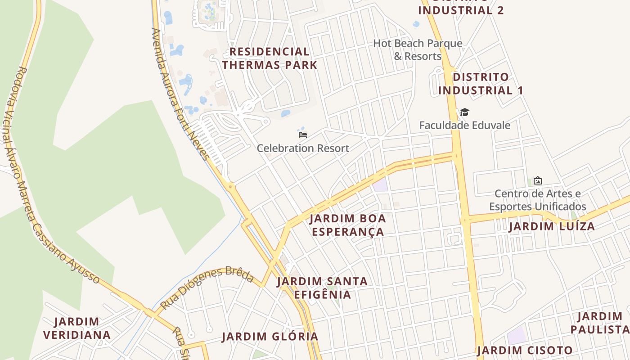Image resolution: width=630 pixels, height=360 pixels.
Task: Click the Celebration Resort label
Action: (x=303, y=148)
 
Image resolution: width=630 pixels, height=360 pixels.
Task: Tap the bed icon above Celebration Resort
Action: (x=303, y=135)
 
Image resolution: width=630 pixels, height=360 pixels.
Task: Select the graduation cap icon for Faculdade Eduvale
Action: (x=464, y=112)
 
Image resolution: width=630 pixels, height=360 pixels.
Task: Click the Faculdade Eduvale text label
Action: (x=464, y=125)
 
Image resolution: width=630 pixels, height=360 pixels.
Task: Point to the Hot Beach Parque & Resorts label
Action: (x=418, y=50)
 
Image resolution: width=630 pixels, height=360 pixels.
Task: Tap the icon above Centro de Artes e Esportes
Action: (x=537, y=180)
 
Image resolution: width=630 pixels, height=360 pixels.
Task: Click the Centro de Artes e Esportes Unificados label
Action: (x=537, y=200)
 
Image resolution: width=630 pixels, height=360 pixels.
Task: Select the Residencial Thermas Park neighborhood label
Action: (x=270, y=58)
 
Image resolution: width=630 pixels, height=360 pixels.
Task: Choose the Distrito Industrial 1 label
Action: (x=481, y=84)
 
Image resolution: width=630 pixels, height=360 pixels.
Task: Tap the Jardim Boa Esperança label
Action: (x=347, y=225)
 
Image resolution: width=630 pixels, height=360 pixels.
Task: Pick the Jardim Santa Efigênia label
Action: (x=322, y=288)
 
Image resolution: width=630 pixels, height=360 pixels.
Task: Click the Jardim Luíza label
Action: (x=552, y=226)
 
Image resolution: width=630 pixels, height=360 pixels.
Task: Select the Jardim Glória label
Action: (x=270, y=337)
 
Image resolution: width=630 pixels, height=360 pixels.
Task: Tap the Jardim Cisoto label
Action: (x=525, y=350)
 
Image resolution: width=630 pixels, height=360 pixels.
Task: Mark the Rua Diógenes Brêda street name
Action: (x=207, y=287)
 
